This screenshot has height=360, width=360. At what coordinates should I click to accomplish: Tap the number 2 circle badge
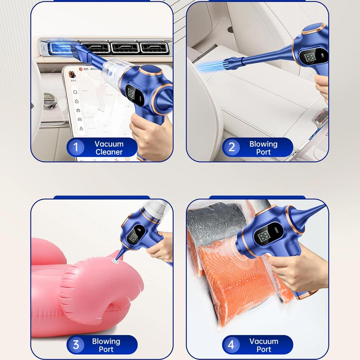(x=231, y=147)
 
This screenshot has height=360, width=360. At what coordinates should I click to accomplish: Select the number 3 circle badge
(x=76, y=345)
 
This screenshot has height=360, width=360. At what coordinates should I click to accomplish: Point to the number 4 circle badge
(x=231, y=345)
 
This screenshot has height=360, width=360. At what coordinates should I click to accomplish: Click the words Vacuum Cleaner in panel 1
(x=109, y=148)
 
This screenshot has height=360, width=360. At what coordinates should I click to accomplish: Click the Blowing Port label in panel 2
(x=263, y=148)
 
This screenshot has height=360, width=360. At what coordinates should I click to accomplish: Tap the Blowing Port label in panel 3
(x=106, y=345)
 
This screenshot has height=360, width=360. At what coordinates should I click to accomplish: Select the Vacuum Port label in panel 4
(x=264, y=345)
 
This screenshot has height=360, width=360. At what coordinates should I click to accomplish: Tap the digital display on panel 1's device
(x=131, y=93)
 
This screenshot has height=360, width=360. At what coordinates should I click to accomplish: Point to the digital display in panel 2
(x=309, y=57)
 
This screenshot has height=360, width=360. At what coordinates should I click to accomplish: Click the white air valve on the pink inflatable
(x=115, y=261)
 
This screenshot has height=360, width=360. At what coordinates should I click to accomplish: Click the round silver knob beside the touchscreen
(x=50, y=102)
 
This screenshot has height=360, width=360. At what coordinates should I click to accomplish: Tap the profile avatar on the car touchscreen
(x=72, y=74)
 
